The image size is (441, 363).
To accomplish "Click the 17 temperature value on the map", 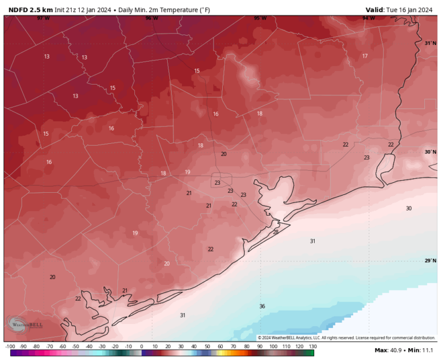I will [365, 56].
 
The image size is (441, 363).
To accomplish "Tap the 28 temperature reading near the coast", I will [276, 232].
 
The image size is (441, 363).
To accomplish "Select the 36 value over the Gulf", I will [262, 306].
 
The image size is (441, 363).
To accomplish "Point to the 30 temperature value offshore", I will [408, 208].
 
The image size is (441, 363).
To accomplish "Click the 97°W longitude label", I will [42, 18].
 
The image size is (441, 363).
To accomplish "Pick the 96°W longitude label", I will [152, 18].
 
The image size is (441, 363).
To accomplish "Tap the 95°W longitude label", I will [260, 18].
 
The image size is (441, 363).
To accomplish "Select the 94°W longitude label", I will [368, 18].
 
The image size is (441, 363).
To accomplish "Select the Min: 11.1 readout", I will [421, 351].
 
